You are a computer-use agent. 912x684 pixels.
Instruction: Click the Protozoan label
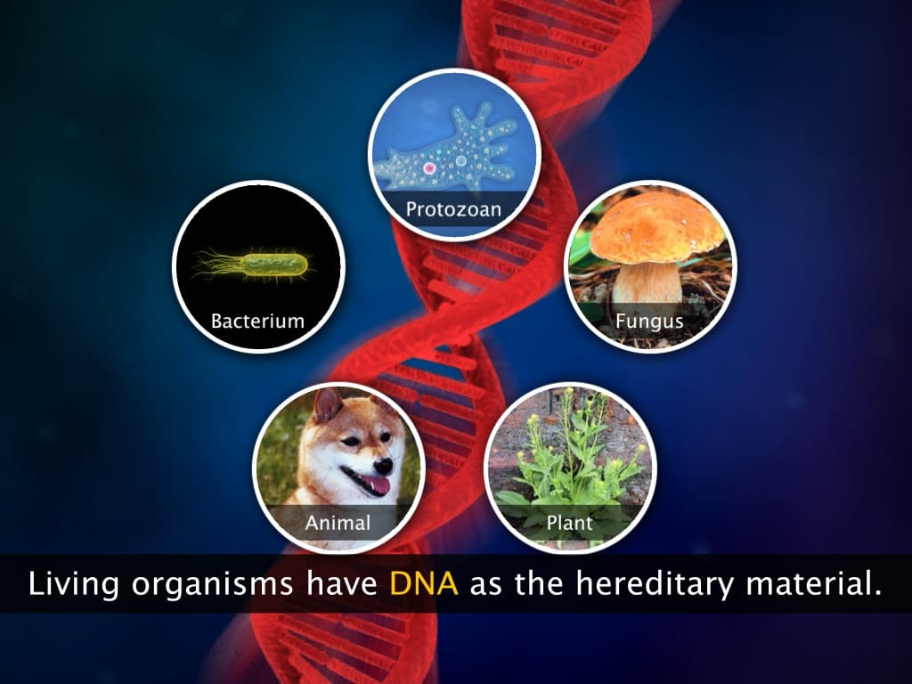click(x=453, y=210)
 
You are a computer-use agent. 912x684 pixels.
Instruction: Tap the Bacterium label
click(x=257, y=321)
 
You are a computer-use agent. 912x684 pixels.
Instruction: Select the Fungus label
click(x=649, y=320)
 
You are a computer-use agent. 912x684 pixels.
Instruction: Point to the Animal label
click(x=338, y=521)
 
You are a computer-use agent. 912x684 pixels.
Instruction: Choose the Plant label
click(x=569, y=522)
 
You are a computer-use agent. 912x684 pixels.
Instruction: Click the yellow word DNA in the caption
click(x=423, y=584)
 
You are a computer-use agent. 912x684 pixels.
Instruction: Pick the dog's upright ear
click(x=327, y=406)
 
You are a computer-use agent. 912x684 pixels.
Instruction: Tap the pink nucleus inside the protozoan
click(x=429, y=167)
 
